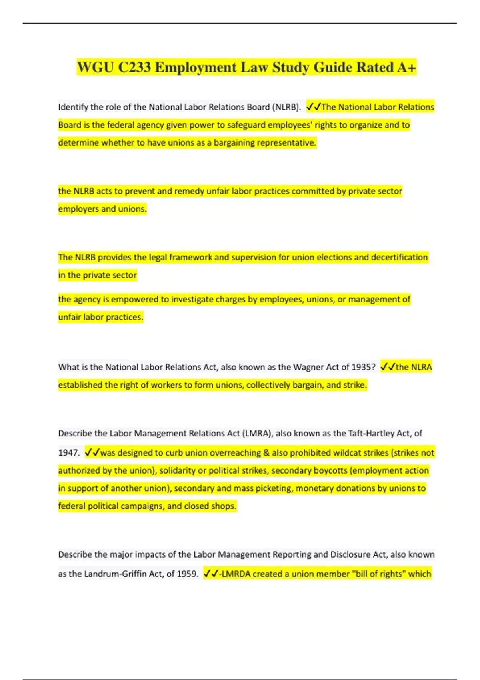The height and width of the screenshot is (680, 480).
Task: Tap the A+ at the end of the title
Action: [407, 67]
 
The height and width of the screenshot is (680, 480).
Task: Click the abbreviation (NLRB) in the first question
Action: [286, 107]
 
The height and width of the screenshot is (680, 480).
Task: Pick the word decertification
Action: [399, 257]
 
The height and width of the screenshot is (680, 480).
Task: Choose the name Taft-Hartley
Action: [371, 433]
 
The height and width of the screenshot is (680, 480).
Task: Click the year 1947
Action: [68, 453]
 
